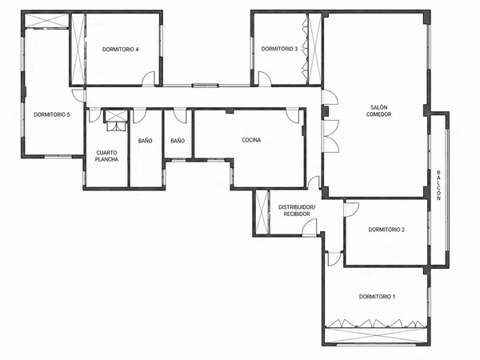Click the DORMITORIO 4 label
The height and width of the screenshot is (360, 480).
tap(120, 50)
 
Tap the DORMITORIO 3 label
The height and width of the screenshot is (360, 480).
tap(279, 49)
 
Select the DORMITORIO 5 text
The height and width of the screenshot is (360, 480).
tap(52, 114)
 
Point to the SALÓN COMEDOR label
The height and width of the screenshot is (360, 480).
tap(378, 111)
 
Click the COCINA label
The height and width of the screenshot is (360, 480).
tap(251, 140)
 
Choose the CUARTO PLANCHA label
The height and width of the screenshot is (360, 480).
tap(106, 156)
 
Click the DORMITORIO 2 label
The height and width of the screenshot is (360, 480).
tap(386, 230)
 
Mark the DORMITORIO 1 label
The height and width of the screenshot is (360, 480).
tap(377, 297)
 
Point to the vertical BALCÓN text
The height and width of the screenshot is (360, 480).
tap(438, 185)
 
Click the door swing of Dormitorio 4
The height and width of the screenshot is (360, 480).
tap(149, 78)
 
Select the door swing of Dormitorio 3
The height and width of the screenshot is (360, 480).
tap(265, 78)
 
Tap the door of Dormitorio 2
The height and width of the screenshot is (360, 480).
tap(351, 210)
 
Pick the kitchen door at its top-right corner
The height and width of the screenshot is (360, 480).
tap(293, 116)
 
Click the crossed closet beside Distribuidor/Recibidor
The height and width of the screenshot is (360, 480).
tap(262, 212)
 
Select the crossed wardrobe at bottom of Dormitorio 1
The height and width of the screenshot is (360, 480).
tap(376, 335)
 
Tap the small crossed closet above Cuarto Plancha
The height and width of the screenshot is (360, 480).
tap(116, 116)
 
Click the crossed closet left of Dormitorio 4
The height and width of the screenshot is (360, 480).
tap(78, 49)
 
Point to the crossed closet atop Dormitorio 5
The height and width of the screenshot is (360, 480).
tap(46, 21)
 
